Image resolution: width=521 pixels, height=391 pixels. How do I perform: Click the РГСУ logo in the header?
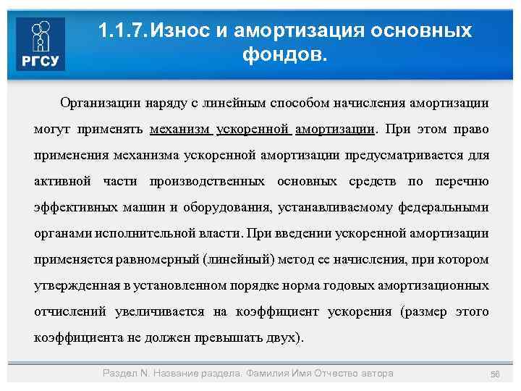click(41, 43)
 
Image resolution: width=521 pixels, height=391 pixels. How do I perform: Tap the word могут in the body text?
click(51, 130)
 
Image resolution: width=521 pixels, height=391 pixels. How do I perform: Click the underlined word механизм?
click(180, 130)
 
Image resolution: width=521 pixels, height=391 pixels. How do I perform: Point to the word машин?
click(142, 208)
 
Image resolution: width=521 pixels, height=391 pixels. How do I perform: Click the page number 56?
click(495, 374)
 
